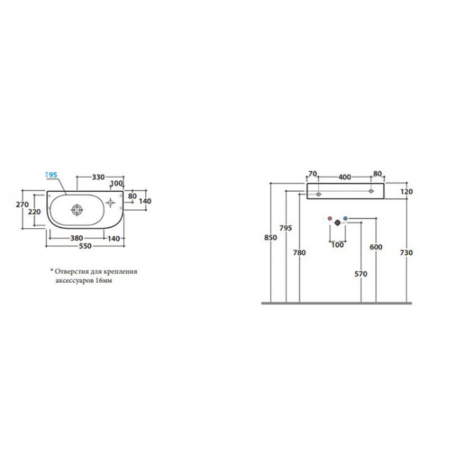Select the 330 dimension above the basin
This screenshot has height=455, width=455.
point(98,177)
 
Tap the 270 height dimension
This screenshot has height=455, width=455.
point(22,204)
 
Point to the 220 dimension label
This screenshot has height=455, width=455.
point(34,212)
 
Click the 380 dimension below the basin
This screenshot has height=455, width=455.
point(76,238)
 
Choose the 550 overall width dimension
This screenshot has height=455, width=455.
point(85,246)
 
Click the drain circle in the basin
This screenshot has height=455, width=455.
point(77,210)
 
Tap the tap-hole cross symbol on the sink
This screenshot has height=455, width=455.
point(111,202)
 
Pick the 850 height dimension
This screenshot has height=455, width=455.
point(270,238)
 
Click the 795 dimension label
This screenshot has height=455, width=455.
point(286,228)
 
